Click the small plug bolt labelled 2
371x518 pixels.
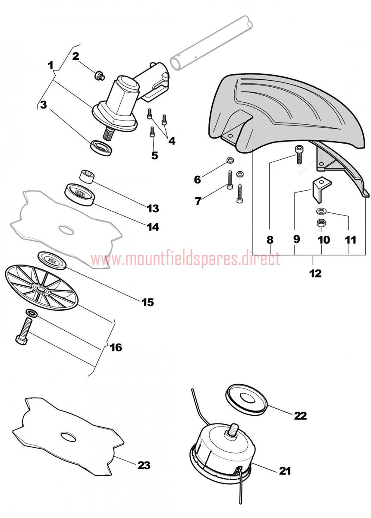(100, 76)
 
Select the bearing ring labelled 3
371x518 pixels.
(101, 148)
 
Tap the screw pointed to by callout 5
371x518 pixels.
(152, 132)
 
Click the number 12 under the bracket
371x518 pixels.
(315, 274)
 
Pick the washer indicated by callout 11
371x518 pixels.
(320, 211)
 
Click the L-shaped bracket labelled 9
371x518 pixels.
(321, 189)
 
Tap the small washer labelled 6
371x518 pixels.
(230, 160)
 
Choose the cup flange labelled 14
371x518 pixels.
(80, 195)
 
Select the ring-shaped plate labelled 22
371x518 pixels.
(246, 399)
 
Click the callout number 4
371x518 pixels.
(172, 141)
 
